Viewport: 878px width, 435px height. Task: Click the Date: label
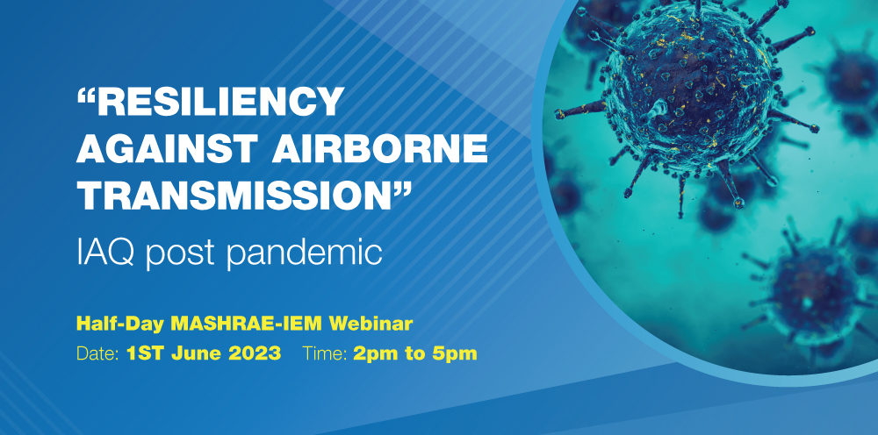click(x=97, y=353)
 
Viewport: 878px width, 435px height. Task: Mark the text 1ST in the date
click(x=146, y=353)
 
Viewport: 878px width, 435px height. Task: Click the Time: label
click(x=326, y=353)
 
